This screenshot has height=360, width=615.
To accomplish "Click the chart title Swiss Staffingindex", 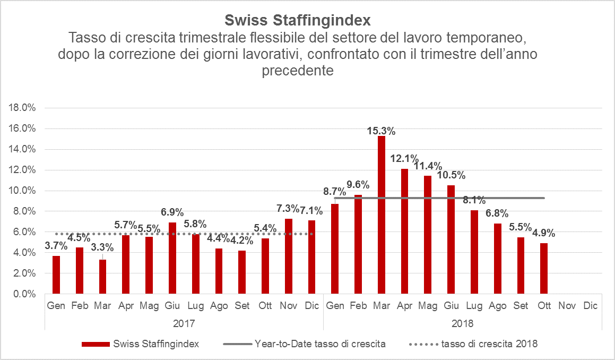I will tap(298, 20).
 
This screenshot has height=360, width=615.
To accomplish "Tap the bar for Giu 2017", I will tap(172, 258).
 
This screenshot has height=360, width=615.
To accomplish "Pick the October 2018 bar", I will tap(544, 268).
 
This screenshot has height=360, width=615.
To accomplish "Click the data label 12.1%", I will tap(404, 158).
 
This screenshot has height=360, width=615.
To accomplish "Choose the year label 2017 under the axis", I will tap(184, 323).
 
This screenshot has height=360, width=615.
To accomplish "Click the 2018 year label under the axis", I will tap(462, 323).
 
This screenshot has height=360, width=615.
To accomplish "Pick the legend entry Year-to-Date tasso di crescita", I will tap(320, 344).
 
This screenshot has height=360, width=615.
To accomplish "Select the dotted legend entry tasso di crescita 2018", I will tap(489, 344).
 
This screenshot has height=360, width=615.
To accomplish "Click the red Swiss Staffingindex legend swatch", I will tap(96, 344).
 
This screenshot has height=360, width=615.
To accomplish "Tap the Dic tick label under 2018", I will tap(590, 306).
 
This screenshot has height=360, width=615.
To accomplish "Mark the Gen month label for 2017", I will tap(56, 306).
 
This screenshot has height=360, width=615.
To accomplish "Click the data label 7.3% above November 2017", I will tap(288, 208).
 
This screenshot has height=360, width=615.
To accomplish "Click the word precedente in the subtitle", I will tap(298, 71).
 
